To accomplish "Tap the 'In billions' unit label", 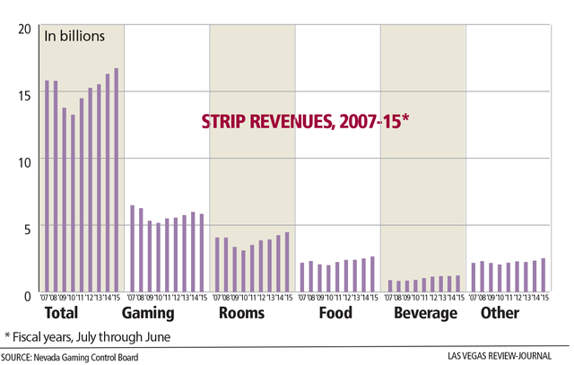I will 75,36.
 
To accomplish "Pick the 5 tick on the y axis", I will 27,228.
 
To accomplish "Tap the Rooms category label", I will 241,314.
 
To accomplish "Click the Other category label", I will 500,314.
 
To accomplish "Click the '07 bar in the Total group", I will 47,187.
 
